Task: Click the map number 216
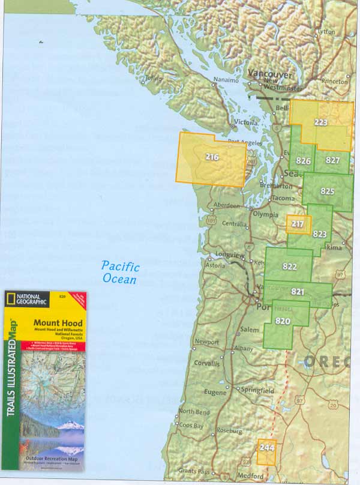212,158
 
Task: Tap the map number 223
320,122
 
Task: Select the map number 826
303,161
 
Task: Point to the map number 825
327,191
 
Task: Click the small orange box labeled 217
298,224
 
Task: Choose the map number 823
320,234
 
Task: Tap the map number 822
290,267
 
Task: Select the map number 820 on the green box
283,321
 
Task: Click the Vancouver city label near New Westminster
271,74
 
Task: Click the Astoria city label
215,265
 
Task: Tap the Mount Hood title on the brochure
58,323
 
